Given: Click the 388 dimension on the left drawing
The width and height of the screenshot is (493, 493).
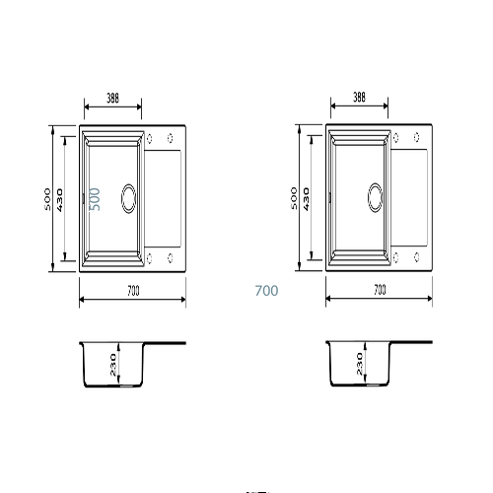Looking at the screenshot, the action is pos(112,98).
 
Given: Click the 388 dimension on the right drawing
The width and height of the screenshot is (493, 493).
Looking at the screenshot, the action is pos(359,97).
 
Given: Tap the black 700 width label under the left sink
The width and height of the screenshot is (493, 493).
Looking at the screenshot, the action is pos(133,291).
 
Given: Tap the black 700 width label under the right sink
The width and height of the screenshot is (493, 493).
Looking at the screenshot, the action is pos(380,290).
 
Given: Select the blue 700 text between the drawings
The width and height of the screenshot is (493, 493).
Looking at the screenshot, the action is pos(266,291).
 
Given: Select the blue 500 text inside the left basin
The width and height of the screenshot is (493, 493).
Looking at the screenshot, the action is pos(95,199).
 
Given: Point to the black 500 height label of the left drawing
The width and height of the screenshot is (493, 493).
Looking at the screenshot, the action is pos(47,199).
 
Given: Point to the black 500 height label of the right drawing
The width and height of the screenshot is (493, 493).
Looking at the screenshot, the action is pos(294,198).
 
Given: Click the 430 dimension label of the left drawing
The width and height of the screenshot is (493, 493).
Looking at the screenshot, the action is pos(60,200).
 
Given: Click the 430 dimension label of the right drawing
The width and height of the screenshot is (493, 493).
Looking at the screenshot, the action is pos(307,199).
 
